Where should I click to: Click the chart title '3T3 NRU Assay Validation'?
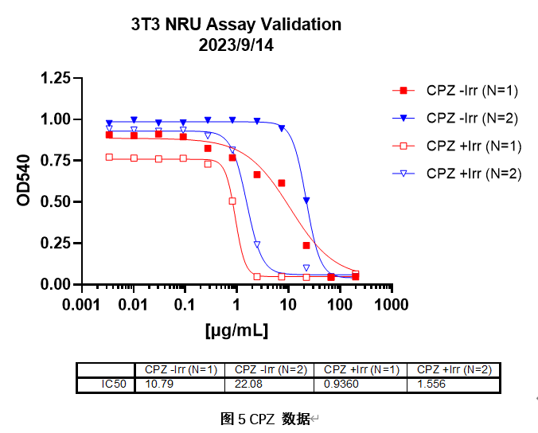pos(236,24)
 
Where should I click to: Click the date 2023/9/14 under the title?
pos(236,45)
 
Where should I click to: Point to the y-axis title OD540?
pos(24,181)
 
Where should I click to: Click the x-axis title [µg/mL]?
pos(236,328)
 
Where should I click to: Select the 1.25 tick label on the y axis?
pos(55,78)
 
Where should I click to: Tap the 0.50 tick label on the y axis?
pos(55,202)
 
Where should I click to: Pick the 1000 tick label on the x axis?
pos(391,304)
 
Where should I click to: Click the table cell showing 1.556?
pos(431,384)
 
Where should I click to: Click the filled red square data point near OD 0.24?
pos(306,245)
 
